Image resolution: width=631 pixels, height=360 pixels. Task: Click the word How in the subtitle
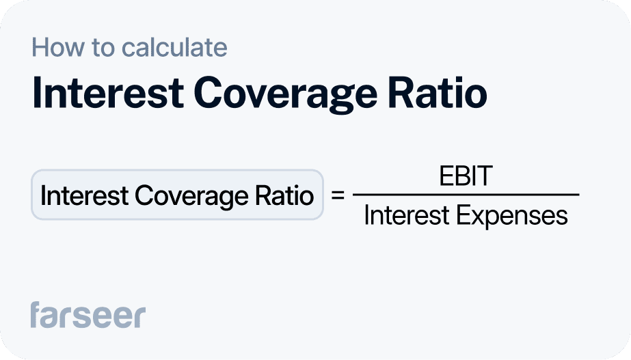click(54, 48)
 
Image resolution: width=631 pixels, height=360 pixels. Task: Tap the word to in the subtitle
click(98, 48)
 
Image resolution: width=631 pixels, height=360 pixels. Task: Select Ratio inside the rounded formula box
click(284, 196)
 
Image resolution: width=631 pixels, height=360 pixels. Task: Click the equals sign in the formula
click(337, 195)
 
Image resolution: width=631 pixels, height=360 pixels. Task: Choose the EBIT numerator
click(466, 176)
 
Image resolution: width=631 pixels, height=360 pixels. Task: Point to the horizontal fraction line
click(466, 195)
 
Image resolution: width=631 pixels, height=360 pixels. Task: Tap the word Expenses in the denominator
click(512, 217)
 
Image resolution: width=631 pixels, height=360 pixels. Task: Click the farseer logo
click(88, 316)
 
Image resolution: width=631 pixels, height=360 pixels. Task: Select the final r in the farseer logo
click(139, 317)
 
